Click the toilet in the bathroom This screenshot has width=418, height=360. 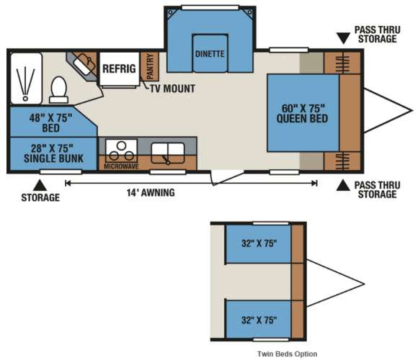pos(58,90)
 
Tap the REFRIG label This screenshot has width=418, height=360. pos(119,68)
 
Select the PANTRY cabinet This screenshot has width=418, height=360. pos(150,66)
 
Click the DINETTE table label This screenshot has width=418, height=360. pos(210,54)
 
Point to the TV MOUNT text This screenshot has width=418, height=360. pos(172,89)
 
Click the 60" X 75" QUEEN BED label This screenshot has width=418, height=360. pos(302,114)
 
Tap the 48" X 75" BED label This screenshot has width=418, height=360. pos(50,122)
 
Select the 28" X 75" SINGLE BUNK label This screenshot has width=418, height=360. pos(53,153)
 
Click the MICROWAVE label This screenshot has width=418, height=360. pos(121,167)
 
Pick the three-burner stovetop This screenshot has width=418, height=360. pos(122,150)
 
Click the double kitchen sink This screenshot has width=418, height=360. pos(168,153)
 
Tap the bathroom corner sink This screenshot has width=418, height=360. pos(85,64)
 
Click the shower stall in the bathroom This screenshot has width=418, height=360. pos(26,78)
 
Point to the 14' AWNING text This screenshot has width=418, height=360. pos(151,192)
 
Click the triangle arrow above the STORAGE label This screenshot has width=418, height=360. pos(40,185)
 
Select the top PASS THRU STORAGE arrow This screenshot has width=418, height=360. pos(343,38)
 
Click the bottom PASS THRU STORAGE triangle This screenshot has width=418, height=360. pos(343,185)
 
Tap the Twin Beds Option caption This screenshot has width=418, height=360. pos(287,354)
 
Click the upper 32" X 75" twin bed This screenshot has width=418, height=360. pos(259,243)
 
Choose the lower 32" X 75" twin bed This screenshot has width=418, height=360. pos(259,320)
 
